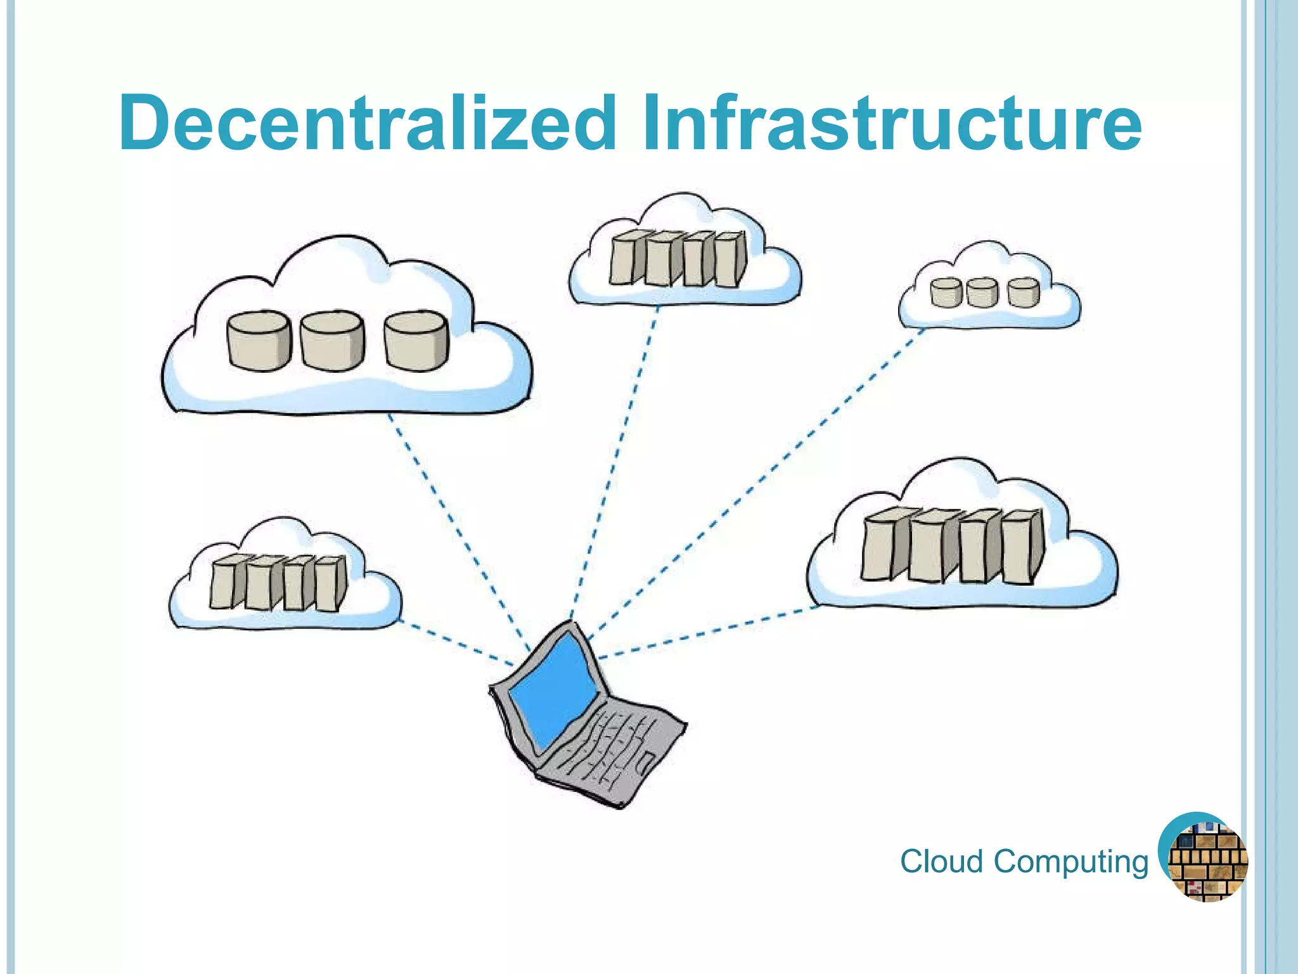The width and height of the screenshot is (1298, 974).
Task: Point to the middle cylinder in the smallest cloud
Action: coord(982,292)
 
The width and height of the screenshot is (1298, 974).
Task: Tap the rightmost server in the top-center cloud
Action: coord(730,259)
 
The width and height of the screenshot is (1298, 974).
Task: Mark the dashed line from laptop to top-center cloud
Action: coord(615,463)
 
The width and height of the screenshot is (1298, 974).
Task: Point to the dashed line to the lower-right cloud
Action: coord(710,632)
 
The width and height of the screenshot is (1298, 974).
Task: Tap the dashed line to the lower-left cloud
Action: coord(456,644)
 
